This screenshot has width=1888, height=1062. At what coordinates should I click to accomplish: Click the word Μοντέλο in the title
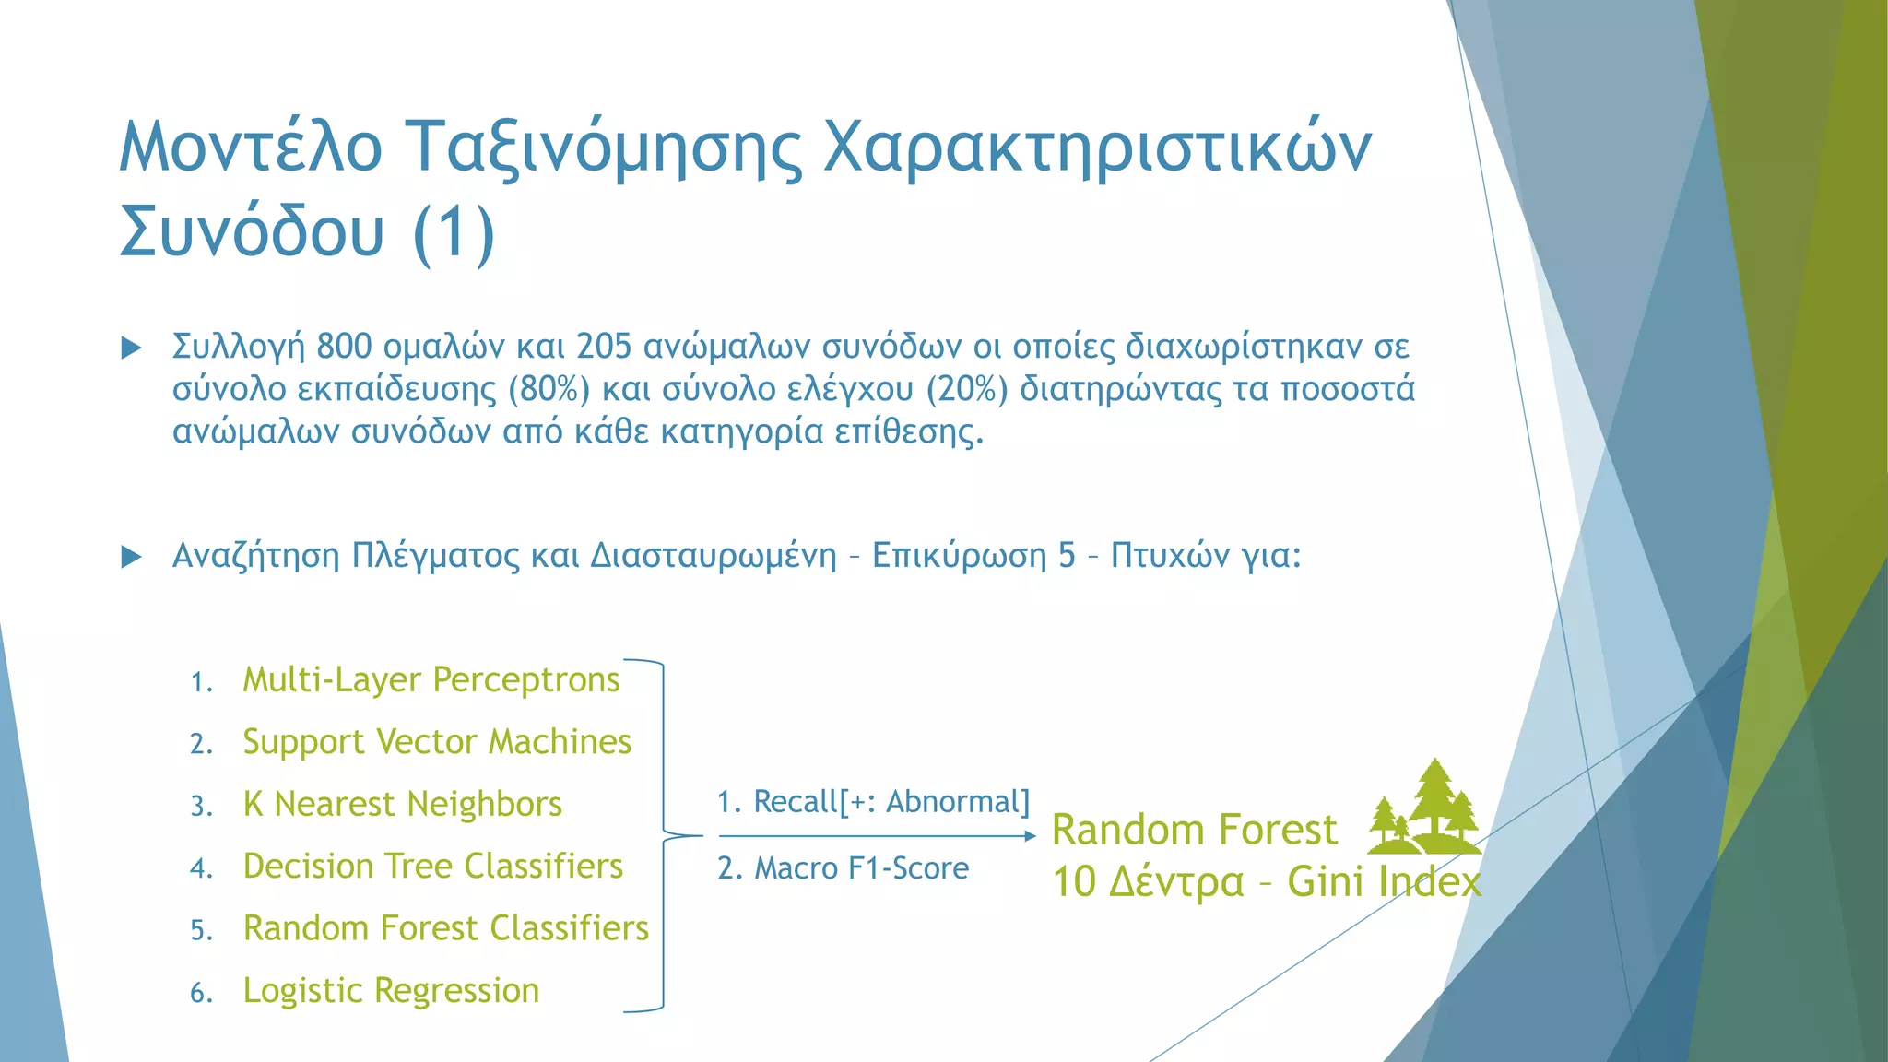click(251, 147)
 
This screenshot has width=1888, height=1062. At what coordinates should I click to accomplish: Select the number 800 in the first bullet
click(344, 348)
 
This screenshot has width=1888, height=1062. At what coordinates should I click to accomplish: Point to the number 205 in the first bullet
click(604, 348)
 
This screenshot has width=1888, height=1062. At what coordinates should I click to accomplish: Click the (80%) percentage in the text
click(549, 390)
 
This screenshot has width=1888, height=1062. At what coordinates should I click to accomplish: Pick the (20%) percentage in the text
click(967, 390)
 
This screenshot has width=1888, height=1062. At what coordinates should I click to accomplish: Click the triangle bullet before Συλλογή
click(132, 348)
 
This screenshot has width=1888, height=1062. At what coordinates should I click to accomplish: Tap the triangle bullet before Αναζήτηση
click(132, 557)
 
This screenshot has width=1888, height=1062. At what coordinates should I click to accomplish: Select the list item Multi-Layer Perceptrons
click(431, 680)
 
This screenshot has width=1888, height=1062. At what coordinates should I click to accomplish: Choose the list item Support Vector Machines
click(437, 742)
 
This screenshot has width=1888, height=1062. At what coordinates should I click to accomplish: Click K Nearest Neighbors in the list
click(402, 804)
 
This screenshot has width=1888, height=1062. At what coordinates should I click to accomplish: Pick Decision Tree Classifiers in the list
click(432, 867)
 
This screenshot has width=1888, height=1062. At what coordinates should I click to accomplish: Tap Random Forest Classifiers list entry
click(445, 928)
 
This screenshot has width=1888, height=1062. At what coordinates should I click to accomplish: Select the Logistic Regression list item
click(391, 991)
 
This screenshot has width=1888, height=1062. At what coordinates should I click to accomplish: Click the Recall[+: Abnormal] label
click(873, 802)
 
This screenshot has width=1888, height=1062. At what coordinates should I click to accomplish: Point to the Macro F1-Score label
click(843, 868)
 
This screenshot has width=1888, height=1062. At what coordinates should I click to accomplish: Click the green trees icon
click(1424, 808)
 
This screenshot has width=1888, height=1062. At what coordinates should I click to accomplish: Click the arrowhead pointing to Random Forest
click(1031, 836)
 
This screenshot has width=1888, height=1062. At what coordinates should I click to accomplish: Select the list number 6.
click(200, 994)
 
